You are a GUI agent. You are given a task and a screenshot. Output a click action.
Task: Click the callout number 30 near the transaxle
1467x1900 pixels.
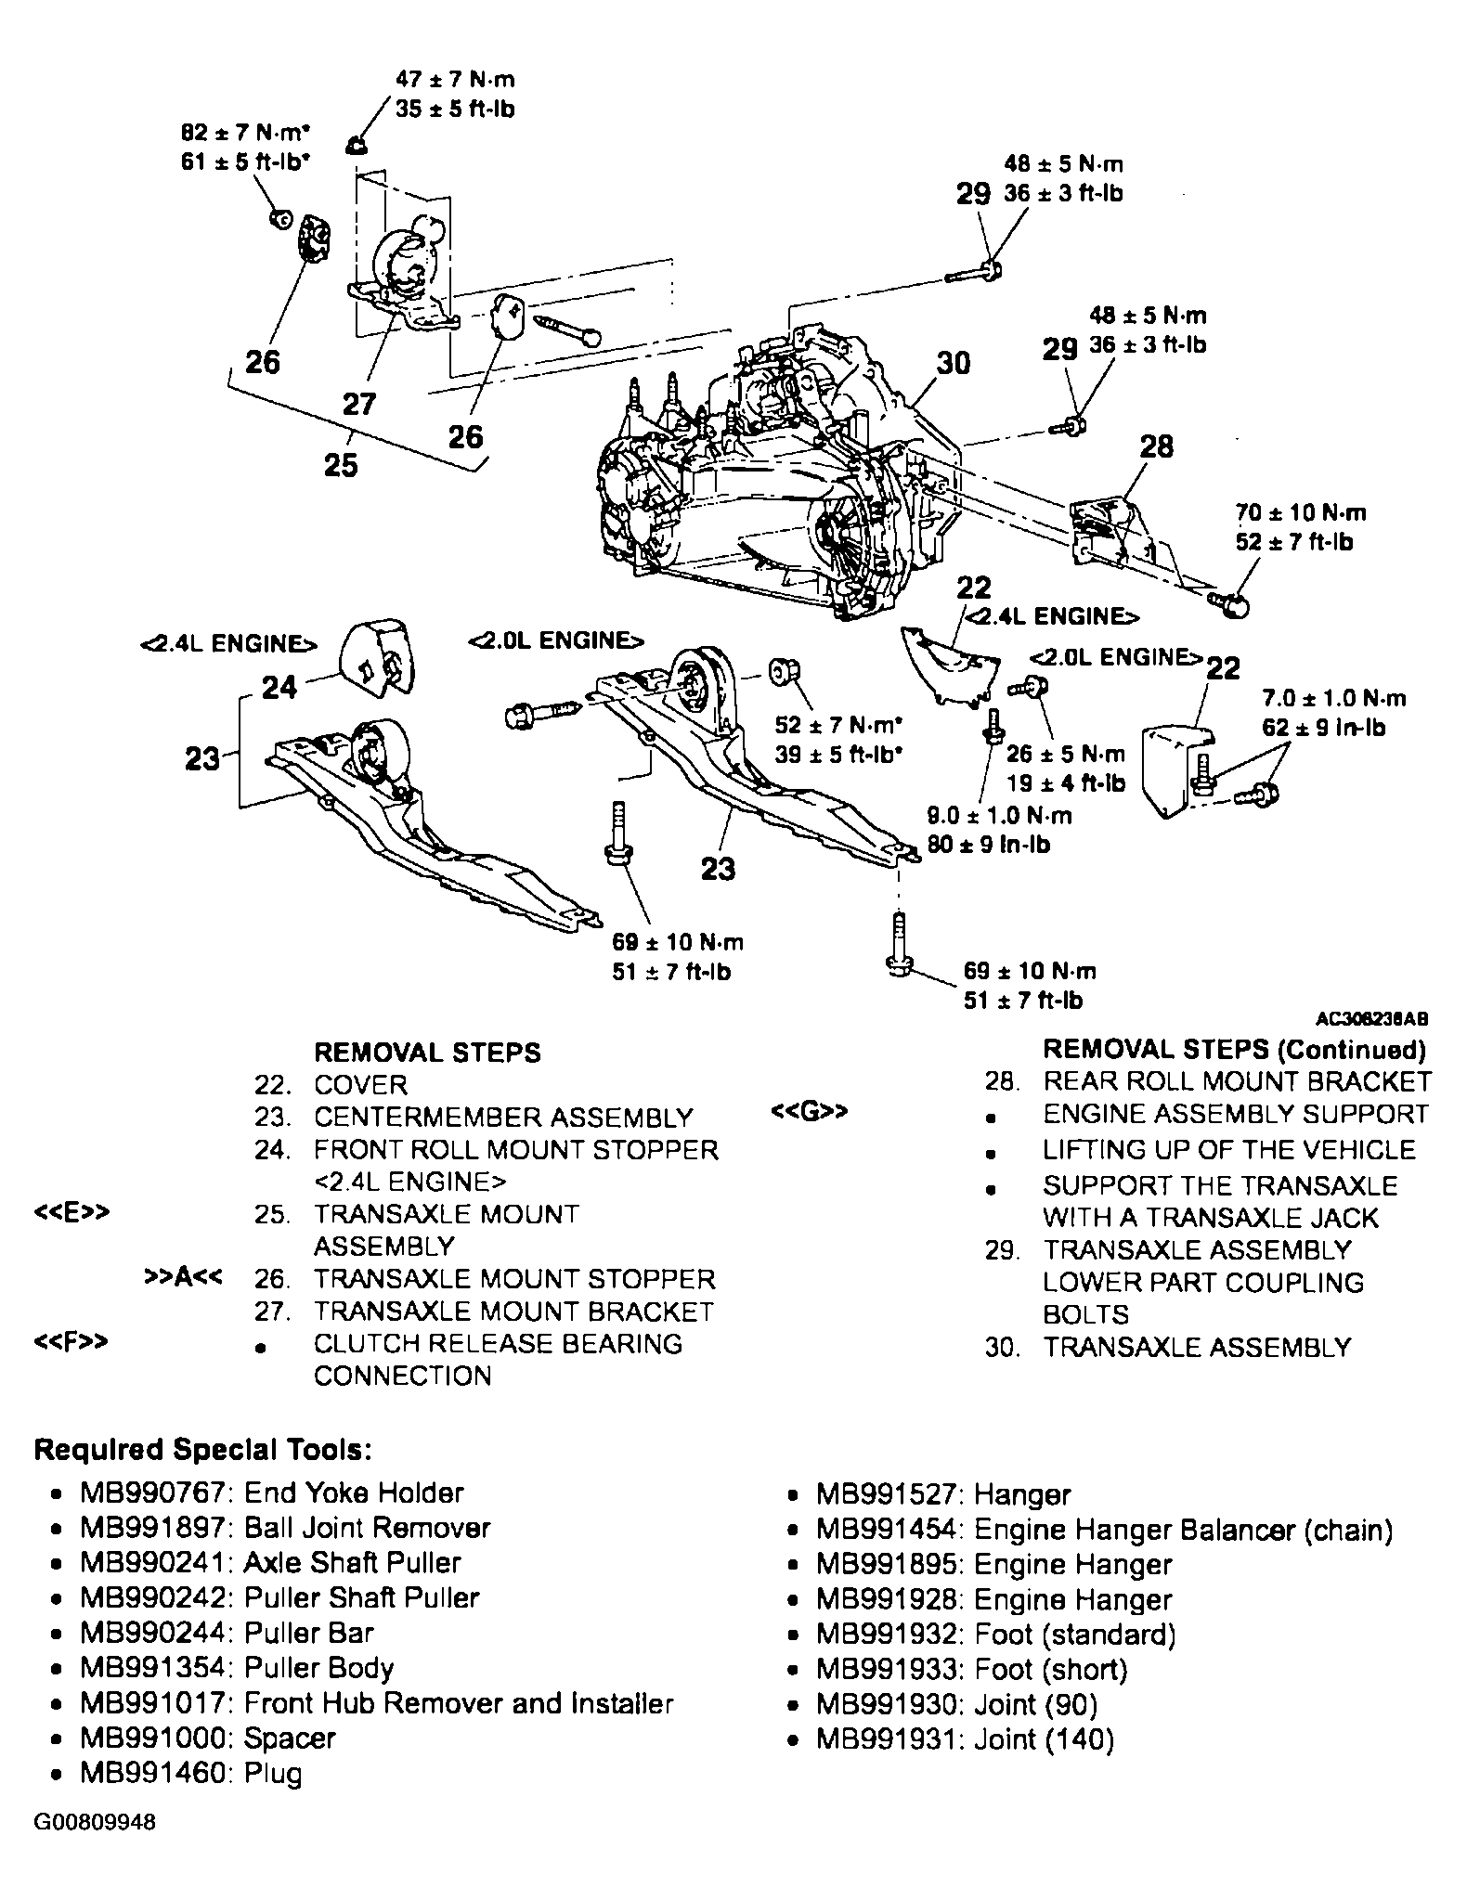click(953, 363)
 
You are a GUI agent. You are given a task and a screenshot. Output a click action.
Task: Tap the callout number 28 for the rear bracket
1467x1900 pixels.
click(1157, 446)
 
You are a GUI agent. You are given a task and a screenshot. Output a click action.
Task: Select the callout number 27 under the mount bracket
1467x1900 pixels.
click(359, 404)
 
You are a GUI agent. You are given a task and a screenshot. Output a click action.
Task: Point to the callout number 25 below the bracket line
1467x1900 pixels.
click(341, 464)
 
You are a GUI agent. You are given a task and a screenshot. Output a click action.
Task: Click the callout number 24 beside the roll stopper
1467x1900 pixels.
click(279, 687)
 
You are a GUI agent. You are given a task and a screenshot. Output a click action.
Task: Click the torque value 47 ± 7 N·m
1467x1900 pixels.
click(455, 80)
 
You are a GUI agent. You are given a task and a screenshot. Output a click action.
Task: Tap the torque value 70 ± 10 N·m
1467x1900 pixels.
click(1301, 512)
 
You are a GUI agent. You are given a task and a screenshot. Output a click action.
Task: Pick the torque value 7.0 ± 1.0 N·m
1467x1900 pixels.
click(1334, 698)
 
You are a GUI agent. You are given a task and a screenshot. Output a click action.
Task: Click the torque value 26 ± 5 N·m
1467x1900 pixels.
click(1065, 754)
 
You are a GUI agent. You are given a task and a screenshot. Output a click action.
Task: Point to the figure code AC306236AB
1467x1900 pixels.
click(1371, 1019)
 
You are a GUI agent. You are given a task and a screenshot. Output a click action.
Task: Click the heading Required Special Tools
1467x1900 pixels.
click(203, 1450)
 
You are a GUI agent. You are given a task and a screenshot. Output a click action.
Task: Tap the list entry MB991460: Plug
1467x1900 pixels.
click(190, 1774)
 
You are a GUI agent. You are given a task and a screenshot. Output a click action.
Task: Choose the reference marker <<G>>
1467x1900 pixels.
click(809, 1111)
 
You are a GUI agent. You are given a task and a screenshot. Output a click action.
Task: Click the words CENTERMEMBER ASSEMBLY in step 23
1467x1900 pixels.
click(503, 1118)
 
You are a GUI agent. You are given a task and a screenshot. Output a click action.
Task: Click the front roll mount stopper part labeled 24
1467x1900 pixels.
click(377, 658)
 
